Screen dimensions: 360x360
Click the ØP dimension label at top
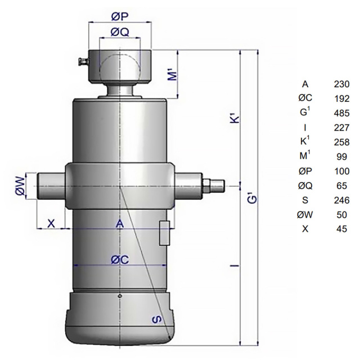click(120, 17)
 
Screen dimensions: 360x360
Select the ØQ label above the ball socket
click(120, 32)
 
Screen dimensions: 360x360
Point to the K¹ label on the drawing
click(235, 117)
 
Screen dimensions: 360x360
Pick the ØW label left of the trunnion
click(20, 186)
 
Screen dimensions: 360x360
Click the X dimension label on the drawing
click(51, 223)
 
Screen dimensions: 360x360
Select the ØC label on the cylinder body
click(120, 260)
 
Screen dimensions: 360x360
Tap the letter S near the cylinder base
click(157, 319)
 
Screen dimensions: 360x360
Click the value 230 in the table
click(341, 84)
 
